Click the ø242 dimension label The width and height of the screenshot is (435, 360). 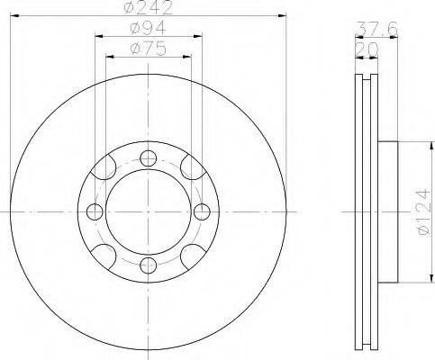click(x=149, y=7)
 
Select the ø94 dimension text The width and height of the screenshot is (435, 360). click(x=149, y=28)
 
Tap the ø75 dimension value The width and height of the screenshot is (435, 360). click(x=149, y=49)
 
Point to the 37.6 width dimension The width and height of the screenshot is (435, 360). click(x=376, y=29)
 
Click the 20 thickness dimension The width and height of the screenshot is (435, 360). click(x=367, y=49)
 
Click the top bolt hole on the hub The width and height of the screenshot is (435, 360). click(x=149, y=158)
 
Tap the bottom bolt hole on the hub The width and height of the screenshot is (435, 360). click(x=149, y=265)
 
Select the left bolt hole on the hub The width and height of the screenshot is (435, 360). click(x=95, y=211)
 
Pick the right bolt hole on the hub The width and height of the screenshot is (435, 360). click(x=202, y=211)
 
